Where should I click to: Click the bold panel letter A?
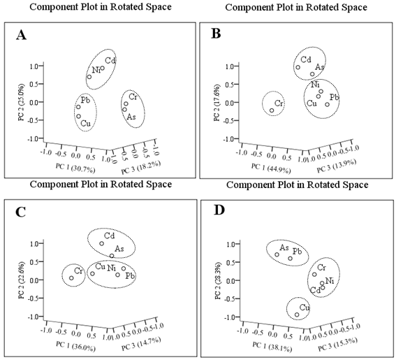click(21, 35)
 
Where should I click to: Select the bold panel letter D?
click(219, 210)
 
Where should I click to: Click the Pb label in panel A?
click(85, 100)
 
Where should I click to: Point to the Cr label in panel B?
click(279, 103)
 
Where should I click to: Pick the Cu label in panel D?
click(305, 308)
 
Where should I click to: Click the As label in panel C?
click(119, 249)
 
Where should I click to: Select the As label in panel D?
click(284, 247)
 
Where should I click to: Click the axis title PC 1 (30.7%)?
click(75, 168)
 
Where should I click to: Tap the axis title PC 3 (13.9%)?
click(337, 166)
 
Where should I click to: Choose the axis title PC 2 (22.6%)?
click(22, 281)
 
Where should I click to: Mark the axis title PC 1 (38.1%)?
click(272, 346)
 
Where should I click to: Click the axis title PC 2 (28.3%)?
click(218, 282)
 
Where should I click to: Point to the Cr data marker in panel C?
click(71, 278)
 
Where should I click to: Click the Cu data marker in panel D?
click(297, 315)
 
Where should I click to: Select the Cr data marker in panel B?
click(272, 110)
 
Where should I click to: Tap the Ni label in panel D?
click(330, 280)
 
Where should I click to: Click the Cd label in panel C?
click(110, 236)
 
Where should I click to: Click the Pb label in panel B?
click(335, 97)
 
